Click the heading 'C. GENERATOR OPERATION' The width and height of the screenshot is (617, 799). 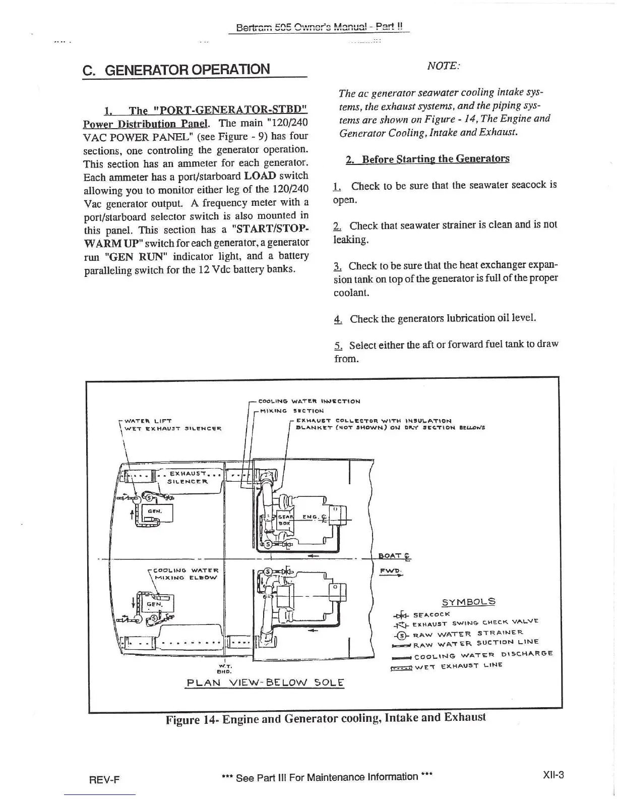pyautogui.click(x=176, y=69)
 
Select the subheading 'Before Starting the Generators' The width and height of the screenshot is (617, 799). pyautogui.click(x=427, y=159)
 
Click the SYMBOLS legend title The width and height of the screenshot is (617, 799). pyautogui.click(x=468, y=601)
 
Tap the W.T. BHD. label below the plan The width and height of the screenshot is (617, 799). pyautogui.click(x=222, y=669)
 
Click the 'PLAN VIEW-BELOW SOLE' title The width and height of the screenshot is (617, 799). pyautogui.click(x=265, y=683)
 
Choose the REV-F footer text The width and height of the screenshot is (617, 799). pyautogui.click(x=104, y=779)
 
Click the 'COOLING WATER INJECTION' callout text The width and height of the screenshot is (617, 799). pyautogui.click(x=309, y=402)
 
